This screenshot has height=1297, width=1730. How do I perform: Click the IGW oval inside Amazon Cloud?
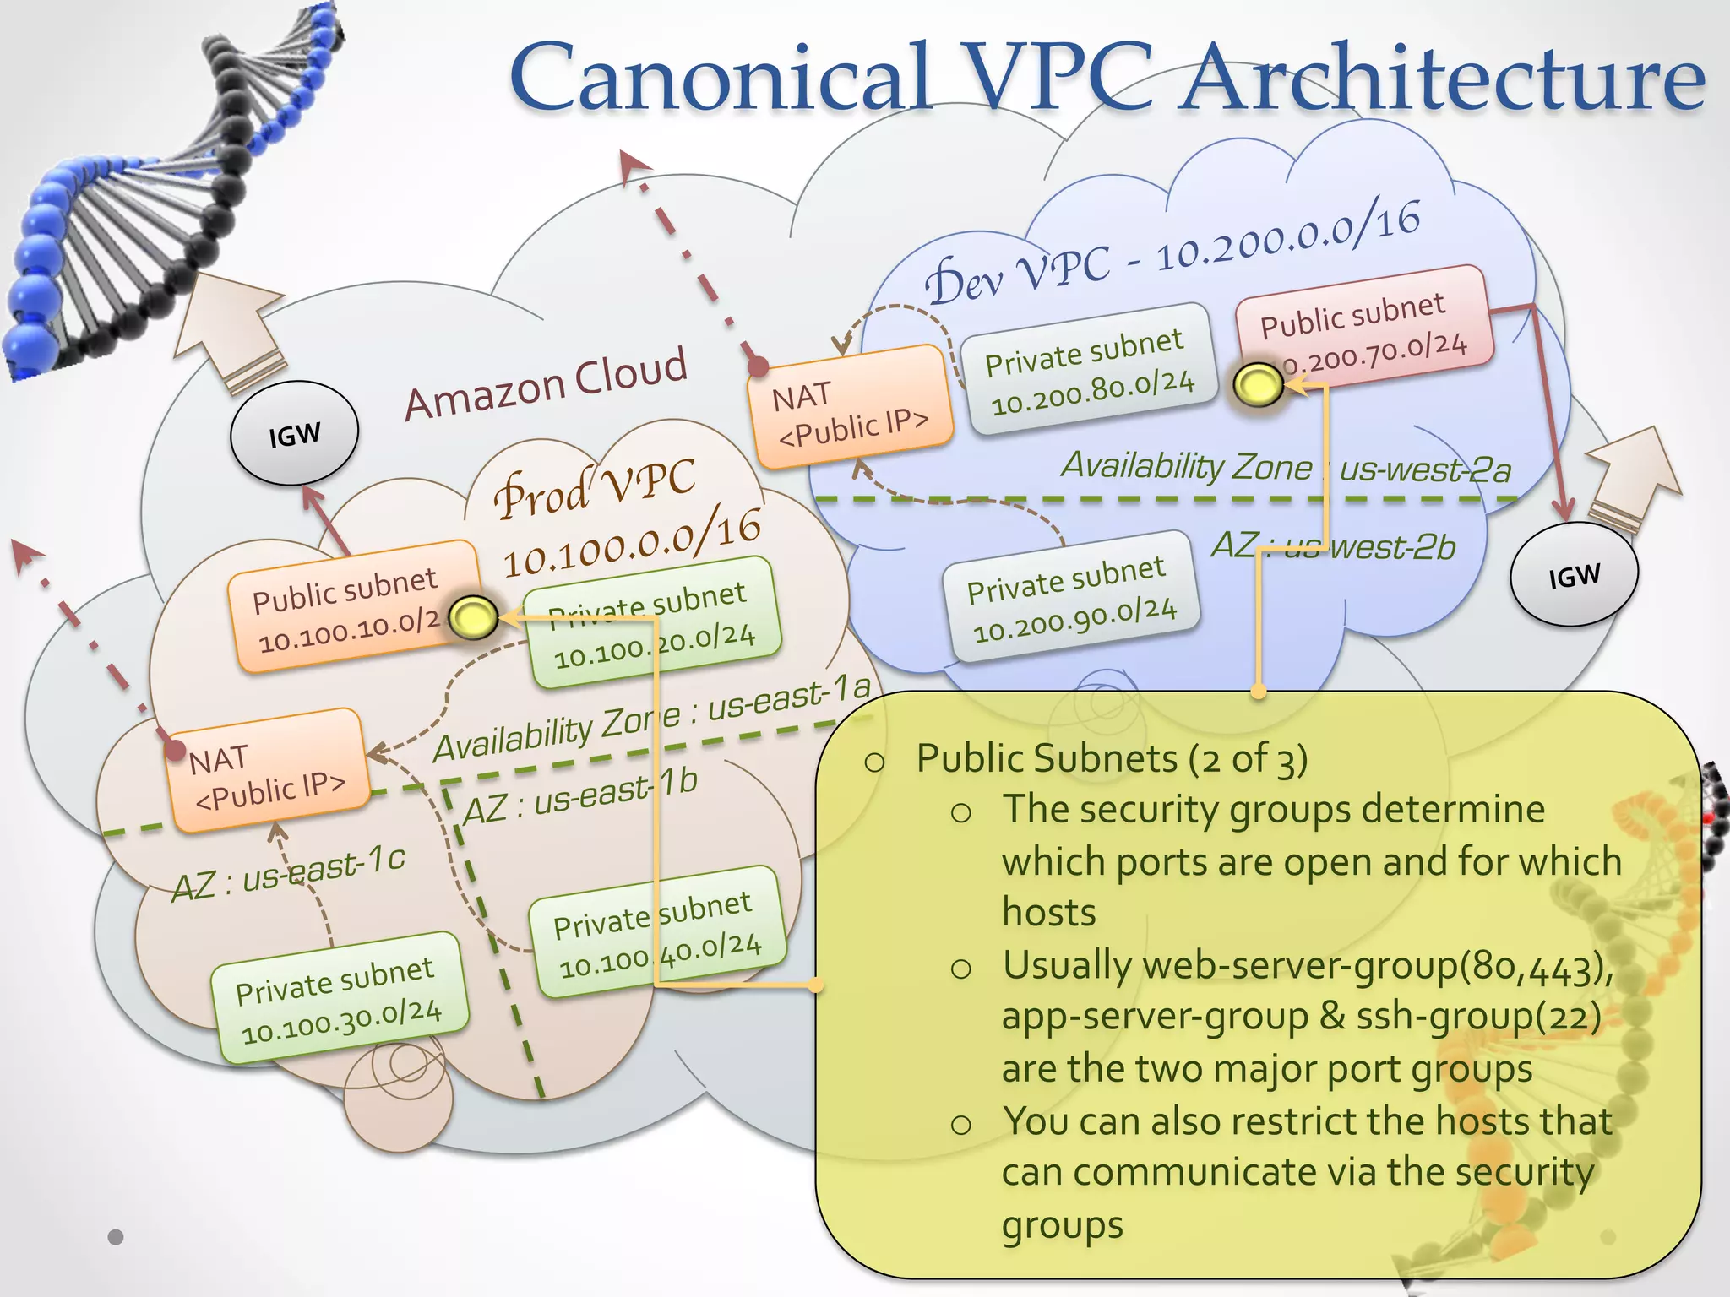pos(294,434)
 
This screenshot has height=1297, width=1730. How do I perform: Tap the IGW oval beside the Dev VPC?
pos(1574,575)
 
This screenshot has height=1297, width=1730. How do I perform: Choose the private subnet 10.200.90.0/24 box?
pos(1071,598)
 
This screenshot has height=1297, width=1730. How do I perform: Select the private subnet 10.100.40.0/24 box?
pos(657,932)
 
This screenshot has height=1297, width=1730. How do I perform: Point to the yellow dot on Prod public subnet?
pos(473,617)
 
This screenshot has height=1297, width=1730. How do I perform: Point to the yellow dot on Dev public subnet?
pos(1258,386)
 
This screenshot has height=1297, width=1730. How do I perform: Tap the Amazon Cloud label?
pos(546,384)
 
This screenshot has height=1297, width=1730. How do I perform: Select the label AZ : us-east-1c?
pos(288,875)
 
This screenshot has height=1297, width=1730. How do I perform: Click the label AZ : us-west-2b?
pos(1333,546)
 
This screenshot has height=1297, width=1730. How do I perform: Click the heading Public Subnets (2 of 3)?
pos(1112,758)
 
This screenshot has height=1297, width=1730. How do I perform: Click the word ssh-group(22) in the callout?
pos(1478,1017)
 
